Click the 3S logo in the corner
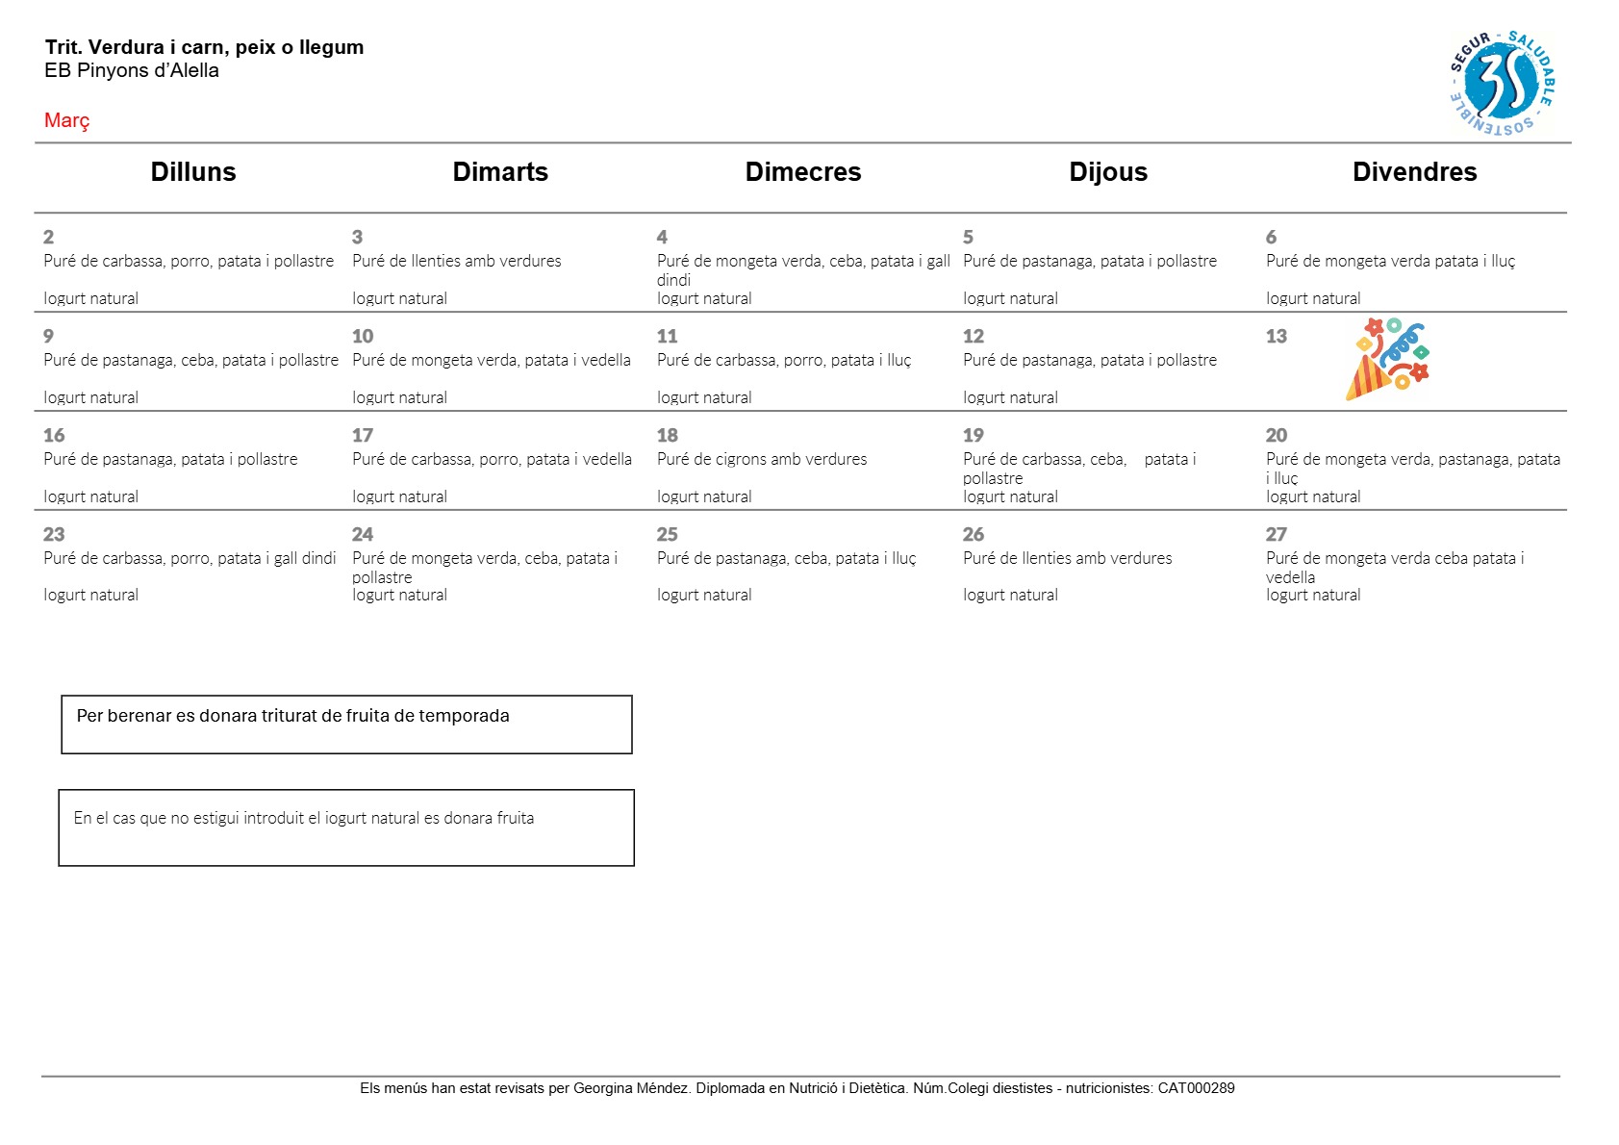(1502, 82)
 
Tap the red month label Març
(66, 120)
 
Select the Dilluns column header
(192, 172)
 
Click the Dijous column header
(1107, 172)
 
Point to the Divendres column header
(1413, 172)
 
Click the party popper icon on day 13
(1386, 359)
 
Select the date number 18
(667, 435)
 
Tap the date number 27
(1276, 534)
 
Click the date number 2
(48, 237)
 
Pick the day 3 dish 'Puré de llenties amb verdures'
(456, 261)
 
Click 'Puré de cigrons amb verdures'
(761, 459)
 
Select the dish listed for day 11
(783, 360)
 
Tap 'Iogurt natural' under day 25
(703, 595)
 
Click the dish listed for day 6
(1389, 261)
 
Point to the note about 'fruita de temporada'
(292, 716)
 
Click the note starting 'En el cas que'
(303, 818)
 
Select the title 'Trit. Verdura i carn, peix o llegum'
(204, 47)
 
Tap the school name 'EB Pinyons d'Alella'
(131, 70)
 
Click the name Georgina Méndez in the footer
(630, 1088)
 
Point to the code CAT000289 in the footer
(1196, 1088)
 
